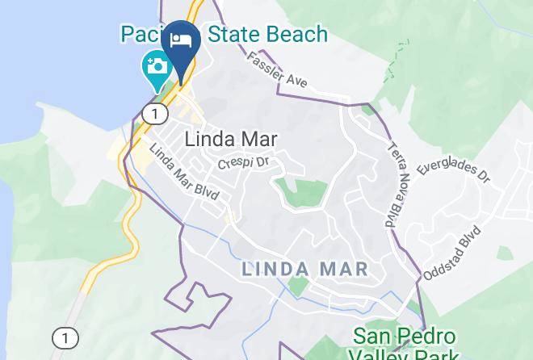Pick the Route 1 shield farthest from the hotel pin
tap(65, 337)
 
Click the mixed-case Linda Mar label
tap(231, 139)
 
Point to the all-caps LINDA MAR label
tap(305, 268)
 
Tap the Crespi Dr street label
tap(242, 163)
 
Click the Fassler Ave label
tap(277, 69)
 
